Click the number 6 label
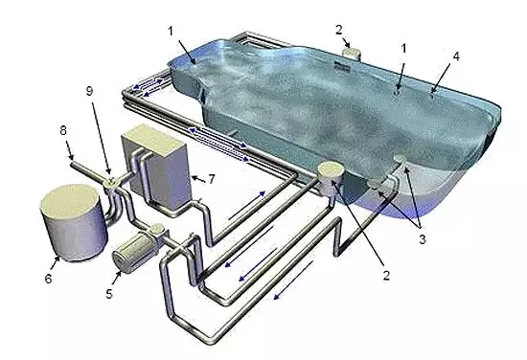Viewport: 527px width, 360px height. pos(49,279)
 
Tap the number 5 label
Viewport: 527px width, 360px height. pos(109,294)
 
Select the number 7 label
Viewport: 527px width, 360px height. pos(212,179)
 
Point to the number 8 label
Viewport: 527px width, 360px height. pos(63,130)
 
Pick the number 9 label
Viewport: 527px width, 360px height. pos(89,91)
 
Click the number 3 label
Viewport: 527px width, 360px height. pos(423,239)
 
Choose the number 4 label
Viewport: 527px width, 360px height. pos(456,56)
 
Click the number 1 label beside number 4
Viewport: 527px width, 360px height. pos(404,49)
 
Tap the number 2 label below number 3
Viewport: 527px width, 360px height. pos(386,276)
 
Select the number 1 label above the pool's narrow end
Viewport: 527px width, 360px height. pos(171,32)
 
